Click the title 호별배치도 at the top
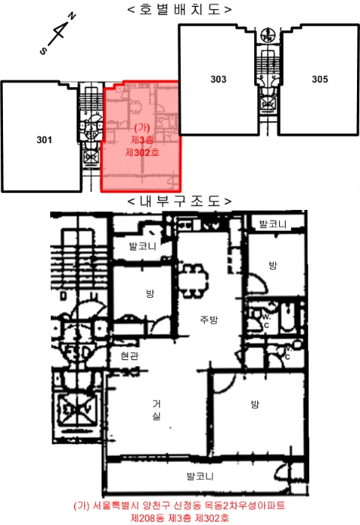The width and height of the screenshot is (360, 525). pos(180,9)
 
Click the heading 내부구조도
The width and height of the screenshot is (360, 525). pos(180,201)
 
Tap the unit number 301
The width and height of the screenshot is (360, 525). pos(44,139)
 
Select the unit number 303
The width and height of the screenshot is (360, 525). pos(218,79)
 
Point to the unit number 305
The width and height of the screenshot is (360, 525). pos(319,79)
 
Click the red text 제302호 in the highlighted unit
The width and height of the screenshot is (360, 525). pos(142,153)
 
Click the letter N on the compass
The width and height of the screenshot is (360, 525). pos(72,16)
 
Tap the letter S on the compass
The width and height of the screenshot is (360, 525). pos(43,51)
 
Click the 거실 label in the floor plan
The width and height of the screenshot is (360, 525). pos(157,409)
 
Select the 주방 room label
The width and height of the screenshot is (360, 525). pos(209,319)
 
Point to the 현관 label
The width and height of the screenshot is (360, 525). pos(129,356)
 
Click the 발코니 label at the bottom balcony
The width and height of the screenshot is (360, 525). pos(200,476)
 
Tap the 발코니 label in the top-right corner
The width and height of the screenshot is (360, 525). pos(273,224)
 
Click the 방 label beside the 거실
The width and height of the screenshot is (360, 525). pos(255,404)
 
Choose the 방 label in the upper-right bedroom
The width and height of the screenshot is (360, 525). pos(273,265)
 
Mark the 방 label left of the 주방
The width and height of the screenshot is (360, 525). pos(150,294)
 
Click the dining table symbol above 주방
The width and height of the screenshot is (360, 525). pos(192,280)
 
